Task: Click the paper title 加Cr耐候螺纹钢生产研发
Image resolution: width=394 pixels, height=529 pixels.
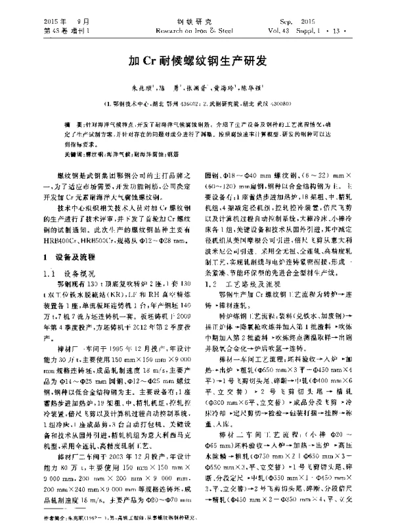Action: (196, 61)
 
